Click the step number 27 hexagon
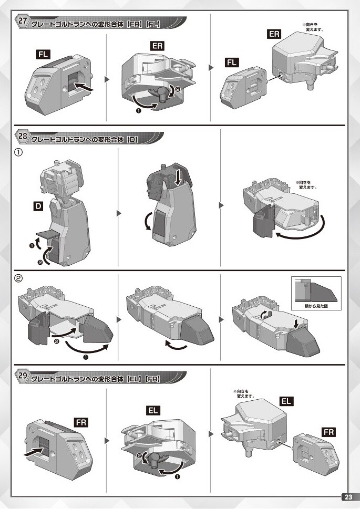(23, 21)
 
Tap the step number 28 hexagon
(23, 136)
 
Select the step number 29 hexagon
(23, 376)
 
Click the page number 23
(348, 497)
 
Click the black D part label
(38, 206)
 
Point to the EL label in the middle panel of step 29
(153, 410)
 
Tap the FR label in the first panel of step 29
(81, 423)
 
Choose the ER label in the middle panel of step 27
(157, 46)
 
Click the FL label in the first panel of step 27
(43, 54)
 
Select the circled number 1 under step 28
(18, 152)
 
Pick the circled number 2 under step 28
(18, 278)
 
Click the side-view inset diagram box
(316, 294)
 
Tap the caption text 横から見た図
(316, 306)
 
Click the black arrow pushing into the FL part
(84, 87)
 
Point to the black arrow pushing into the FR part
(34, 452)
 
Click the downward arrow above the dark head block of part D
(177, 178)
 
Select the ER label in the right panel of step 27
(274, 34)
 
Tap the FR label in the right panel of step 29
(328, 432)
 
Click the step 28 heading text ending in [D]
(85, 140)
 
